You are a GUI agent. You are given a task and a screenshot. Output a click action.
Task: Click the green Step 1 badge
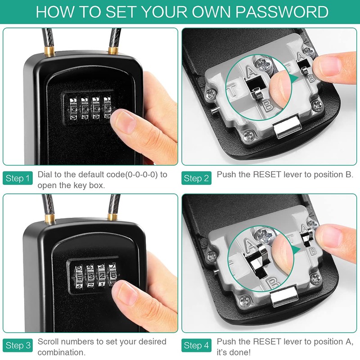coord(18,179)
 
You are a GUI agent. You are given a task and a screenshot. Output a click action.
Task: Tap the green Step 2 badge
coord(197,179)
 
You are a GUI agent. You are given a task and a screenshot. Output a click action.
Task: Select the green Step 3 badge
coord(18,346)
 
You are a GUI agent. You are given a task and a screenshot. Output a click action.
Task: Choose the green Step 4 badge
coord(197,346)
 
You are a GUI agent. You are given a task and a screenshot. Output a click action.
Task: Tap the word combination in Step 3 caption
coord(62,352)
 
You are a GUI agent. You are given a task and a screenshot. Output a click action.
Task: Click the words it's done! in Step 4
coord(234,352)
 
